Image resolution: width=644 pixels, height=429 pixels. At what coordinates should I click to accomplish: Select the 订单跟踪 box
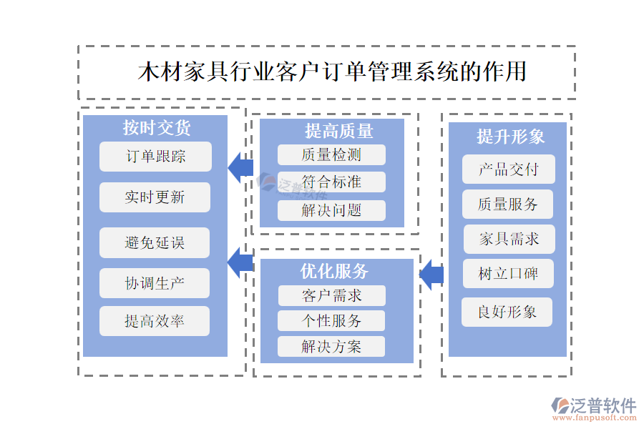(155, 157)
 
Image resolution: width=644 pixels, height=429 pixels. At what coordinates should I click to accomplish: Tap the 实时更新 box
(155, 197)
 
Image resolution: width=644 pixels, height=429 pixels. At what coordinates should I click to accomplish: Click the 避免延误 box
(155, 242)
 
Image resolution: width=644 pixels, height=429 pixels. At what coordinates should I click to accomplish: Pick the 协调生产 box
(155, 283)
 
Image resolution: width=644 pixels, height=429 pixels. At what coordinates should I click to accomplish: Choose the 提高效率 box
(155, 321)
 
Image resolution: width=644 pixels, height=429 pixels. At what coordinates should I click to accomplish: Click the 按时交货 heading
(156, 128)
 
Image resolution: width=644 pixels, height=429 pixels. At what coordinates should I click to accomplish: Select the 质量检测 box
(331, 154)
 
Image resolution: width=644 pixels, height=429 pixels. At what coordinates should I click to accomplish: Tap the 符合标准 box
(331, 182)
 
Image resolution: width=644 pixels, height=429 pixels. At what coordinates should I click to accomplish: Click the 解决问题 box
(331, 210)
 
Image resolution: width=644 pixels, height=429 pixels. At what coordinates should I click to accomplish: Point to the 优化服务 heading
(334, 271)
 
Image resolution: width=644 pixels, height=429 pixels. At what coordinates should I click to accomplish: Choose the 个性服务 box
(331, 320)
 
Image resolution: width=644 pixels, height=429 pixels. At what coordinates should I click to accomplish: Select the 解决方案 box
(331, 347)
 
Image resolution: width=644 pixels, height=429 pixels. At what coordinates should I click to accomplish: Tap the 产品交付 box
(509, 169)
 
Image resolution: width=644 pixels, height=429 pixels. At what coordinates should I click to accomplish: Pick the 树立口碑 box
(509, 273)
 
